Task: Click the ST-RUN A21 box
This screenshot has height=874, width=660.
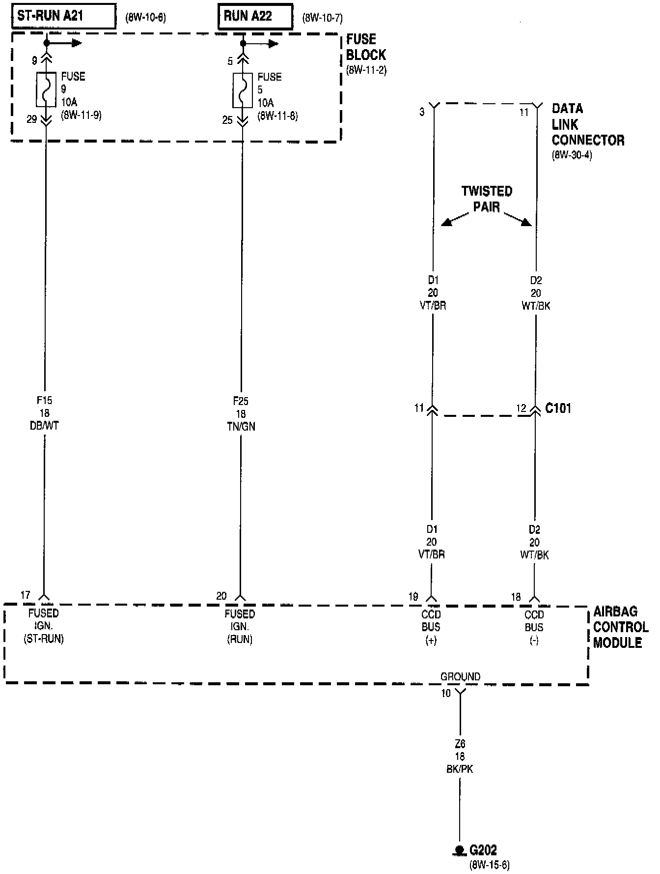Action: pos(64,16)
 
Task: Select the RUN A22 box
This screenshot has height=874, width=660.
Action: pos(255,17)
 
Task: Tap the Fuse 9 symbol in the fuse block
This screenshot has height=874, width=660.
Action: pos(46,89)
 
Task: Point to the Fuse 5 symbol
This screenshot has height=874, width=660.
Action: pos(243,90)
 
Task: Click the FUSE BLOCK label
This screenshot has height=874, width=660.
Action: pos(366,47)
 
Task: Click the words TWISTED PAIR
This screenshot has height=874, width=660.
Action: pos(486,199)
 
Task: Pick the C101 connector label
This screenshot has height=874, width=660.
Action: pos(558,408)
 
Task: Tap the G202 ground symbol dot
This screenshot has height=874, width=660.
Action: pos(460,849)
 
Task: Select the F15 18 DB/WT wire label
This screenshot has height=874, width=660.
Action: pos(44,413)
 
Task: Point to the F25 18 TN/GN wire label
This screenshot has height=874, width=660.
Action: pos(241,414)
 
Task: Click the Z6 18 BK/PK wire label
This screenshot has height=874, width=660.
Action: pos(460,757)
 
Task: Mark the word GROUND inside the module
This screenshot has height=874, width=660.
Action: pos(460,677)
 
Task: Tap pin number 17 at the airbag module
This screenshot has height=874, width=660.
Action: pos(26,595)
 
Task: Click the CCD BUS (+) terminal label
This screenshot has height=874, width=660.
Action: pos(431,627)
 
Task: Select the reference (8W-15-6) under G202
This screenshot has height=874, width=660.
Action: pos(489,865)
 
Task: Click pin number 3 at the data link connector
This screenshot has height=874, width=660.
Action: pos(422,112)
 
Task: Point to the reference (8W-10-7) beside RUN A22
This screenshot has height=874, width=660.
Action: pos(322,19)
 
